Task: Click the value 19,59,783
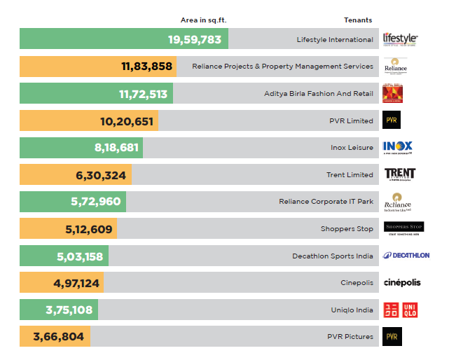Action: pyautogui.click(x=195, y=39)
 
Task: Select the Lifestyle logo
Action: pyautogui.click(x=400, y=39)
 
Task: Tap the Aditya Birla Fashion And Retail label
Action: pyautogui.click(x=319, y=93)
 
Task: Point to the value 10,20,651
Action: pyautogui.click(x=127, y=120)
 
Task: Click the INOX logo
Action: pyautogui.click(x=398, y=147)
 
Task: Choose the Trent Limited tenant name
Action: pyautogui.click(x=350, y=174)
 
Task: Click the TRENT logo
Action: pyautogui.click(x=400, y=174)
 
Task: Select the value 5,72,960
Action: pyautogui.click(x=96, y=201)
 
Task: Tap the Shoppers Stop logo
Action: pyautogui.click(x=403, y=228)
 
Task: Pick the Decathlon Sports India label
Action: pyautogui.click(x=333, y=256)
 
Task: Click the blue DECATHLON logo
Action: pyautogui.click(x=406, y=256)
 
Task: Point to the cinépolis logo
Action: pyautogui.click(x=402, y=283)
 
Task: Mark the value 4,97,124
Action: pyautogui.click(x=77, y=283)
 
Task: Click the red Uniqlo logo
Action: pyautogui.click(x=401, y=310)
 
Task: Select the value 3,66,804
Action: pyautogui.click(x=58, y=337)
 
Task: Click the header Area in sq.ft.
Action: pyautogui.click(x=204, y=20)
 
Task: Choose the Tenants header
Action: pyautogui.click(x=358, y=20)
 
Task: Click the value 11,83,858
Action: pyautogui.click(x=146, y=67)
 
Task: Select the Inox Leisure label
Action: pyautogui.click(x=352, y=148)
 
